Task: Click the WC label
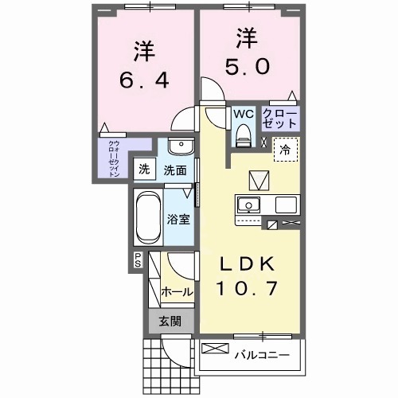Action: pos(243,113)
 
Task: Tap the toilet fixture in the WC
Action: pos(243,135)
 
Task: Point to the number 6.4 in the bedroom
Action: pos(143,81)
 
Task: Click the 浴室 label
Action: pos(178,219)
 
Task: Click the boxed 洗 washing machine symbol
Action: pos(144,169)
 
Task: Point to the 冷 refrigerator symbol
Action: pos(283,149)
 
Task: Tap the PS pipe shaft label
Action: pos(137,259)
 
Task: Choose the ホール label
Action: pos(176,292)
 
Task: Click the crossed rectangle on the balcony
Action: pos(215,348)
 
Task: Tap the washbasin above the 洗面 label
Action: pos(179,147)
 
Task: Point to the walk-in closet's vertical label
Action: pos(114,158)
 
